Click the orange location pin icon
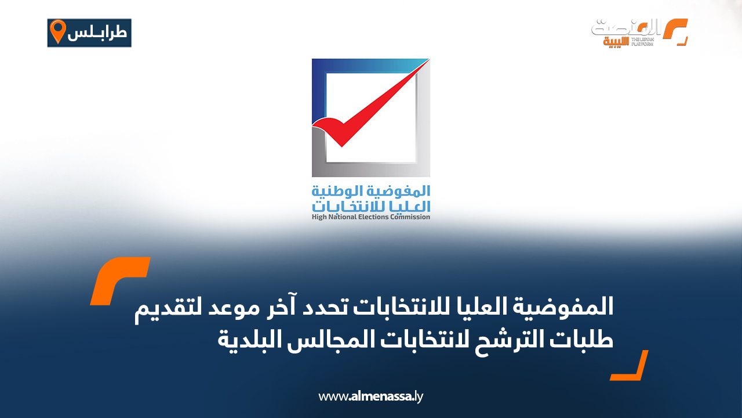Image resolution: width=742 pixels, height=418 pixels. click(x=57, y=31)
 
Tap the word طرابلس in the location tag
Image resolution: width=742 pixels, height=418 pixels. click(x=97, y=33)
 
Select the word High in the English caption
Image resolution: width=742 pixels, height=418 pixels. click(x=319, y=217)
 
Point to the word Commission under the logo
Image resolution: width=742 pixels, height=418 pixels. click(x=410, y=217)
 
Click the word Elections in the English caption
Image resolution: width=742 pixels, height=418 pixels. click(x=373, y=217)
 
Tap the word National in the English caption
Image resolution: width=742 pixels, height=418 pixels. click(x=343, y=217)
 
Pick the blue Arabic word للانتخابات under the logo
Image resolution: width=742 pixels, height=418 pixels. click(x=357, y=206)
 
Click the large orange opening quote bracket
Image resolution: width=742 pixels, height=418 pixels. click(x=119, y=280)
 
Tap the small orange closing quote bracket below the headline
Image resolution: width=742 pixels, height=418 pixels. click(x=629, y=365)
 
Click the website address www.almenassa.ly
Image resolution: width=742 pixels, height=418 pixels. click(x=370, y=397)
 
